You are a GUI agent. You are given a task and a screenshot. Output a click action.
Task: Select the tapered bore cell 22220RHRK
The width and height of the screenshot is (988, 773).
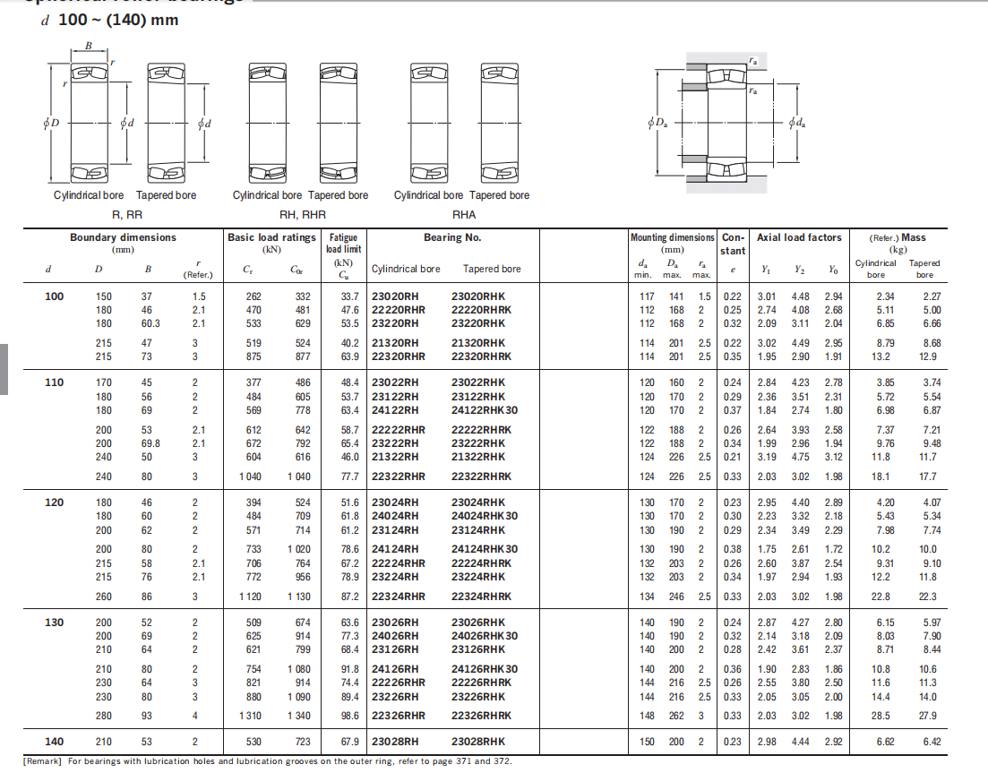pos(482,310)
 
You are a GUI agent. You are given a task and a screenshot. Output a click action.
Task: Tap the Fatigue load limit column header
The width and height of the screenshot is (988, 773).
pos(343,244)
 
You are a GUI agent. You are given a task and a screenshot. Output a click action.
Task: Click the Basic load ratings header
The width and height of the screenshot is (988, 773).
pos(272,237)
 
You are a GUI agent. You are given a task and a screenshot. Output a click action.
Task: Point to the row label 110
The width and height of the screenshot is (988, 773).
pos(55,382)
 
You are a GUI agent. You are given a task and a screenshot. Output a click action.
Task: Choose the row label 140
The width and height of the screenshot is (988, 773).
pos(55,742)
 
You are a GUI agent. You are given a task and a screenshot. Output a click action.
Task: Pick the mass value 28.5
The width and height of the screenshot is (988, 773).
pos(884,716)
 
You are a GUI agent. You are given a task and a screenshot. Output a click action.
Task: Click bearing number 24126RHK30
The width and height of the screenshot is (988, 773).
pos(485,669)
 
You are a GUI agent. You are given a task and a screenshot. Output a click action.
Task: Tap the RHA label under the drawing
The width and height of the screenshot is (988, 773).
pos(464,215)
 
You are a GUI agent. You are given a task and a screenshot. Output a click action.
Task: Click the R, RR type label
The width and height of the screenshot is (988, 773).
pos(126,215)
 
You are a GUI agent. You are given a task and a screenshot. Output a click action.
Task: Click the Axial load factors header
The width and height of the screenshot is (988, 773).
pos(799,237)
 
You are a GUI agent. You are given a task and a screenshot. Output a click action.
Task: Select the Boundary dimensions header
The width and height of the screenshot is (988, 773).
pos(124,237)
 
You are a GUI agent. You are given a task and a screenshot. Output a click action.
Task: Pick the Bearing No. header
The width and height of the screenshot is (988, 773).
pos(452,237)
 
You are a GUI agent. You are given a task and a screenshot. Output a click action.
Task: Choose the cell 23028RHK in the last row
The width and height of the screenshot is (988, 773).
pos(478,742)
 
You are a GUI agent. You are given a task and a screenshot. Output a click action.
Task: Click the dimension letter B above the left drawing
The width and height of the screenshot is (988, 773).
pos(89,46)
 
